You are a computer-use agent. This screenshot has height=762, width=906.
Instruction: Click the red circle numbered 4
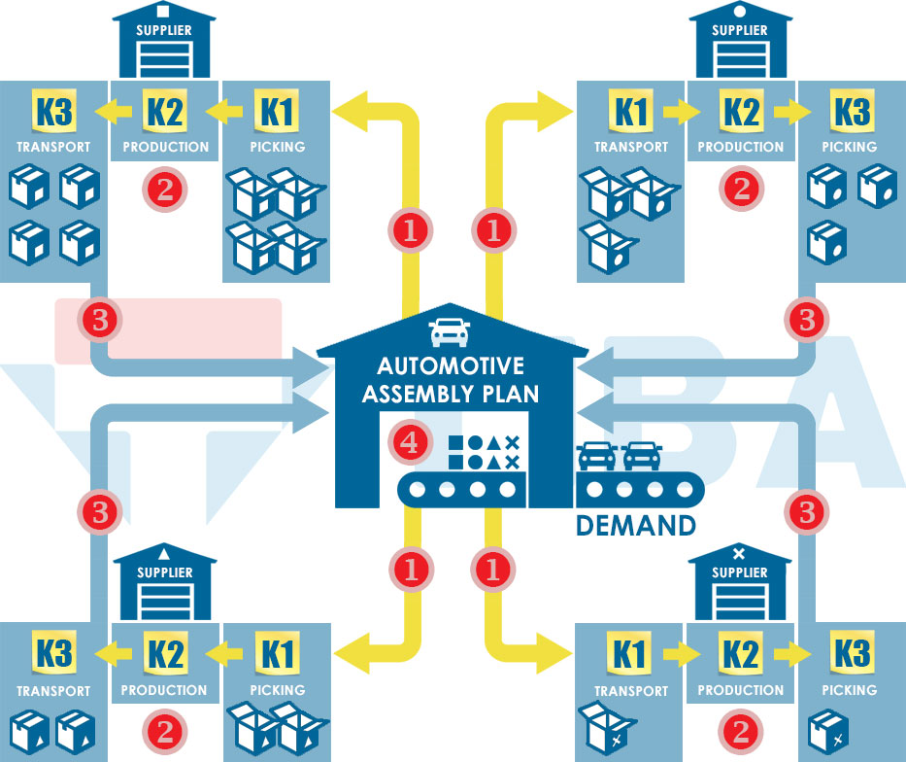410,443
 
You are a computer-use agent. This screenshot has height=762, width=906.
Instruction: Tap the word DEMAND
636,526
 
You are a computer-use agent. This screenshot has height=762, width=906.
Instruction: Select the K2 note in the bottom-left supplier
164,655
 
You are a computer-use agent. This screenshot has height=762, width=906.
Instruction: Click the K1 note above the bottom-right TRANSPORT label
630,655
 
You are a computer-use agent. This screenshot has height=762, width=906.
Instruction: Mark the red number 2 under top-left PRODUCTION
164,189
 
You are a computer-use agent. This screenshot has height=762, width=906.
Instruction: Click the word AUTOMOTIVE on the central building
451,366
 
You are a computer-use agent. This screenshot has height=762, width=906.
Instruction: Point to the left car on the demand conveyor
597,455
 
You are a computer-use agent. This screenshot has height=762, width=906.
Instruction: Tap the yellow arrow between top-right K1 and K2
686,112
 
